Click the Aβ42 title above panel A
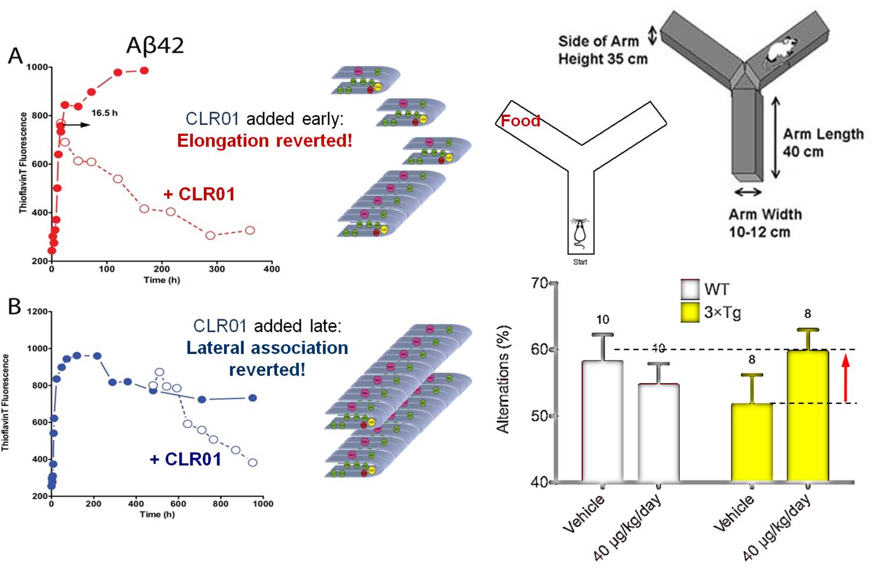click(155, 46)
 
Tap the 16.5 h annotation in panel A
click(105, 113)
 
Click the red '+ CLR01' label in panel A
click(200, 194)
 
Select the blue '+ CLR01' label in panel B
click(186, 459)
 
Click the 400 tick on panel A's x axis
click(271, 269)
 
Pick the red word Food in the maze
click(520, 121)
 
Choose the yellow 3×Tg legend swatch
click(690, 313)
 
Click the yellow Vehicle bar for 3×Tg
click(751, 442)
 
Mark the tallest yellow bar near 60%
click(808, 416)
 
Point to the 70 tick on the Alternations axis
click(540, 283)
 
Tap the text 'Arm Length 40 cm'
click(823, 143)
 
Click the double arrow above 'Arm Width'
click(748, 192)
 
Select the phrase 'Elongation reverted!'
click(265, 141)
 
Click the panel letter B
click(15, 306)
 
